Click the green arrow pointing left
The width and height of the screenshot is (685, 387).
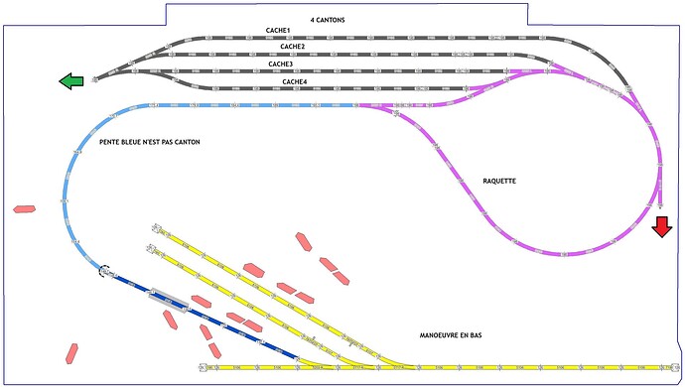[71, 81]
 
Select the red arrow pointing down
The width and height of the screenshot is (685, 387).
[661, 227]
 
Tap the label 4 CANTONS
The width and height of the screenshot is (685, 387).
[327, 20]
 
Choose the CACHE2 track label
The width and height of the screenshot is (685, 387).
[292, 46]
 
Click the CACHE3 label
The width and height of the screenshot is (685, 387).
[281, 64]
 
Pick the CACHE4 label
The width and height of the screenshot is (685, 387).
[295, 81]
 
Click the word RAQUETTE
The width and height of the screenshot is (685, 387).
[499, 181]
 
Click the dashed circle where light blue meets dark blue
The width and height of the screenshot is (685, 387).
[104, 269]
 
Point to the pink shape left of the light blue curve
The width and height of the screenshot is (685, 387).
[24, 209]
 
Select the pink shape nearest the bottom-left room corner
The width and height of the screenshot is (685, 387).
[71, 352]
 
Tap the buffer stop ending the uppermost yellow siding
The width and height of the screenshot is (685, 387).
[154, 227]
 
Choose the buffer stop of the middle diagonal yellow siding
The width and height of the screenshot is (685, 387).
[153, 244]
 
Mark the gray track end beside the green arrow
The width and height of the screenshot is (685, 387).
[95, 78]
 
